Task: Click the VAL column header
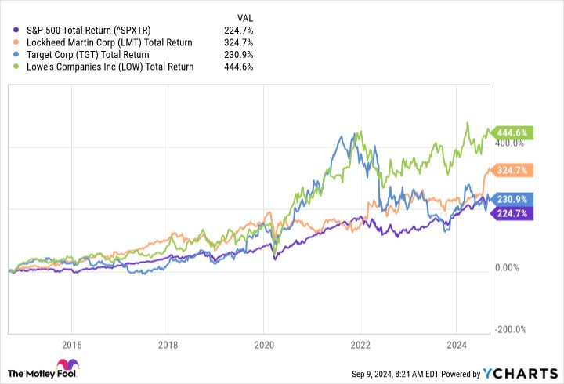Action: tap(244, 17)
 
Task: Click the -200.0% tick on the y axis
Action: tap(509, 330)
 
